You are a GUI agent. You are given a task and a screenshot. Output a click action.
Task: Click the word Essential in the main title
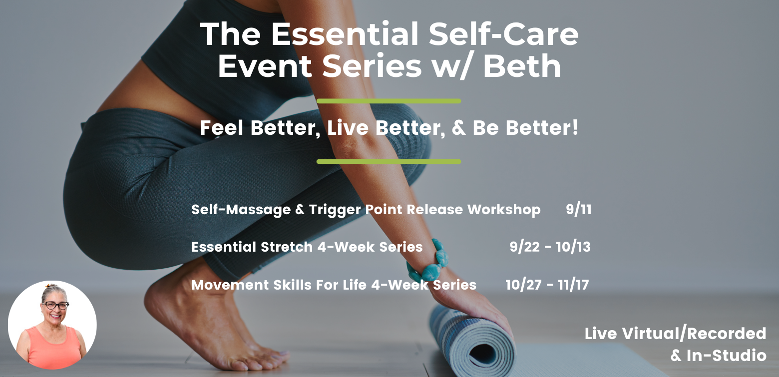pos(345,34)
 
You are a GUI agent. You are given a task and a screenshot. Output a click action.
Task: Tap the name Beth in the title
pos(522,66)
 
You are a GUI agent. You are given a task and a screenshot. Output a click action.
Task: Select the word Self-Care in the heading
pos(503,34)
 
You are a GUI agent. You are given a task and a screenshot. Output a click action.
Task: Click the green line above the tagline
pos(389,101)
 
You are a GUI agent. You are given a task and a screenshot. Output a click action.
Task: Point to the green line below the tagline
pos(389,162)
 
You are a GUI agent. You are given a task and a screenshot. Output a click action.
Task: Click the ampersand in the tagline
pos(458,128)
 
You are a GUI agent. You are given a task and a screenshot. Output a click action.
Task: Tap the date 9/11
pos(578,209)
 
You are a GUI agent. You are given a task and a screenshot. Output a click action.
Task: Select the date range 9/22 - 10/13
pos(550,247)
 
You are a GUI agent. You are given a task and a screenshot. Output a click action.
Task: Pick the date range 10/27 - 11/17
pos(547,285)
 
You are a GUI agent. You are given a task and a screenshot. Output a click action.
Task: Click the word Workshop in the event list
pos(504,210)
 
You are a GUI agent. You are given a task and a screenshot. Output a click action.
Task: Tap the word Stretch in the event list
pos(287,247)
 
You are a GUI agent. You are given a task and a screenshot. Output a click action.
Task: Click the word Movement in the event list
pos(230,285)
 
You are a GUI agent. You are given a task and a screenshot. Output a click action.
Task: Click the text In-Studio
pos(726,356)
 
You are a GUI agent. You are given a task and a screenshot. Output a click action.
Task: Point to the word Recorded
pos(727,334)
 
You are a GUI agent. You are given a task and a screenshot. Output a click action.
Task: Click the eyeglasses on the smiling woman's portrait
pos(55,306)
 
